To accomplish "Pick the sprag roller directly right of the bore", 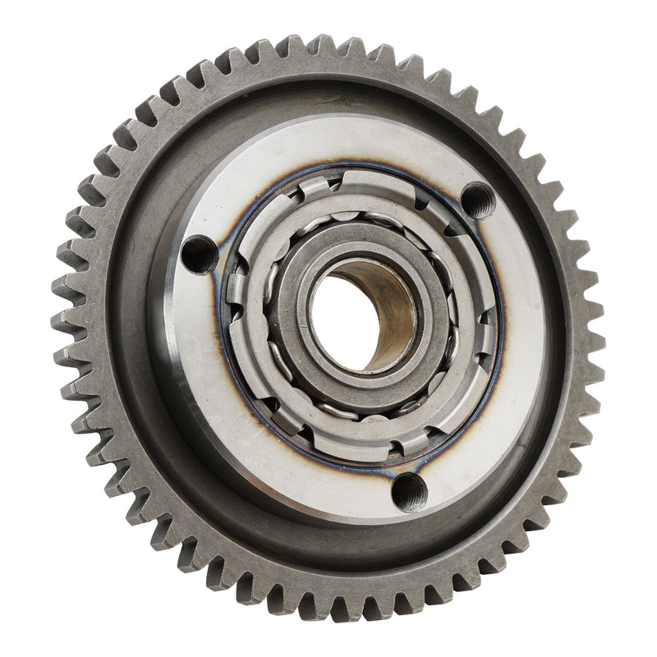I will click(453, 312).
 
